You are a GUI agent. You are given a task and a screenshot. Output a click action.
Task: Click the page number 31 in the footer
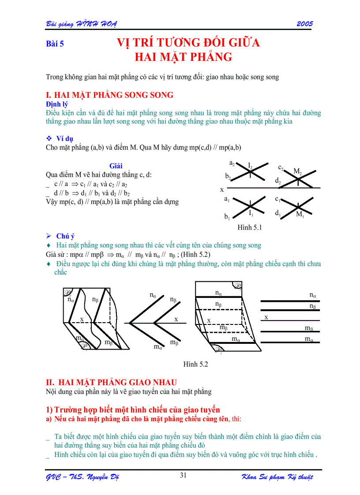(184, 475)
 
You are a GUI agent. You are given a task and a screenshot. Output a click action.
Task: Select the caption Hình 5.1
(250, 228)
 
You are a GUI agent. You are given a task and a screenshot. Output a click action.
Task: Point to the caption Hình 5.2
(195, 364)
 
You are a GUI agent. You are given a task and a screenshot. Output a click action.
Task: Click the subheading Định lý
(57, 104)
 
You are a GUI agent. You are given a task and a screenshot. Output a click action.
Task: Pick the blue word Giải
(116, 166)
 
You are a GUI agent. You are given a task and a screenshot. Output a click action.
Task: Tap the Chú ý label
(65, 236)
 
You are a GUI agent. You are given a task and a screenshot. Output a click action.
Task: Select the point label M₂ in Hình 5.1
(298, 171)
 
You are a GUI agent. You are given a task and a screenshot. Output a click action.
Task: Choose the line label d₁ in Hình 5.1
(278, 213)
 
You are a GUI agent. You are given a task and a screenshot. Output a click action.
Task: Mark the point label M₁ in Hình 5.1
(300, 215)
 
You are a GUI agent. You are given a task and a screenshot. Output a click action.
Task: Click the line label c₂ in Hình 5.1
(281, 167)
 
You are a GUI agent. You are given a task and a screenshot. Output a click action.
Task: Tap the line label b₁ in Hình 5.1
(227, 216)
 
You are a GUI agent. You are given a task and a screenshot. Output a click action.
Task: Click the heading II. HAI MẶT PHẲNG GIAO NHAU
(112, 382)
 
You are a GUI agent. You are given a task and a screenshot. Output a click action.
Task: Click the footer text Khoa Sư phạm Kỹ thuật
(277, 477)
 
